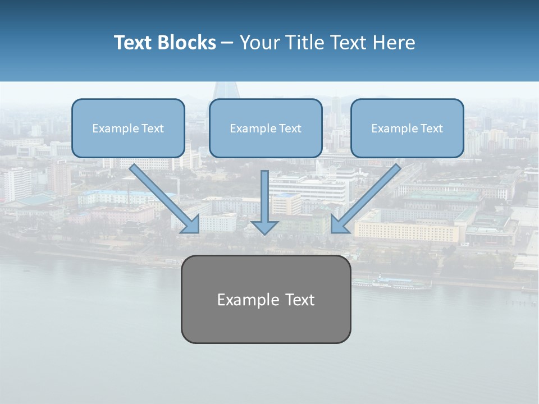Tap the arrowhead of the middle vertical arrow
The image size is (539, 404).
tap(265, 227)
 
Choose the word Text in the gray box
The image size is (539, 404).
tap(300, 300)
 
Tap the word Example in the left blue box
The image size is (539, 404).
tap(112, 128)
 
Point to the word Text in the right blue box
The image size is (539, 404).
tap(431, 128)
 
